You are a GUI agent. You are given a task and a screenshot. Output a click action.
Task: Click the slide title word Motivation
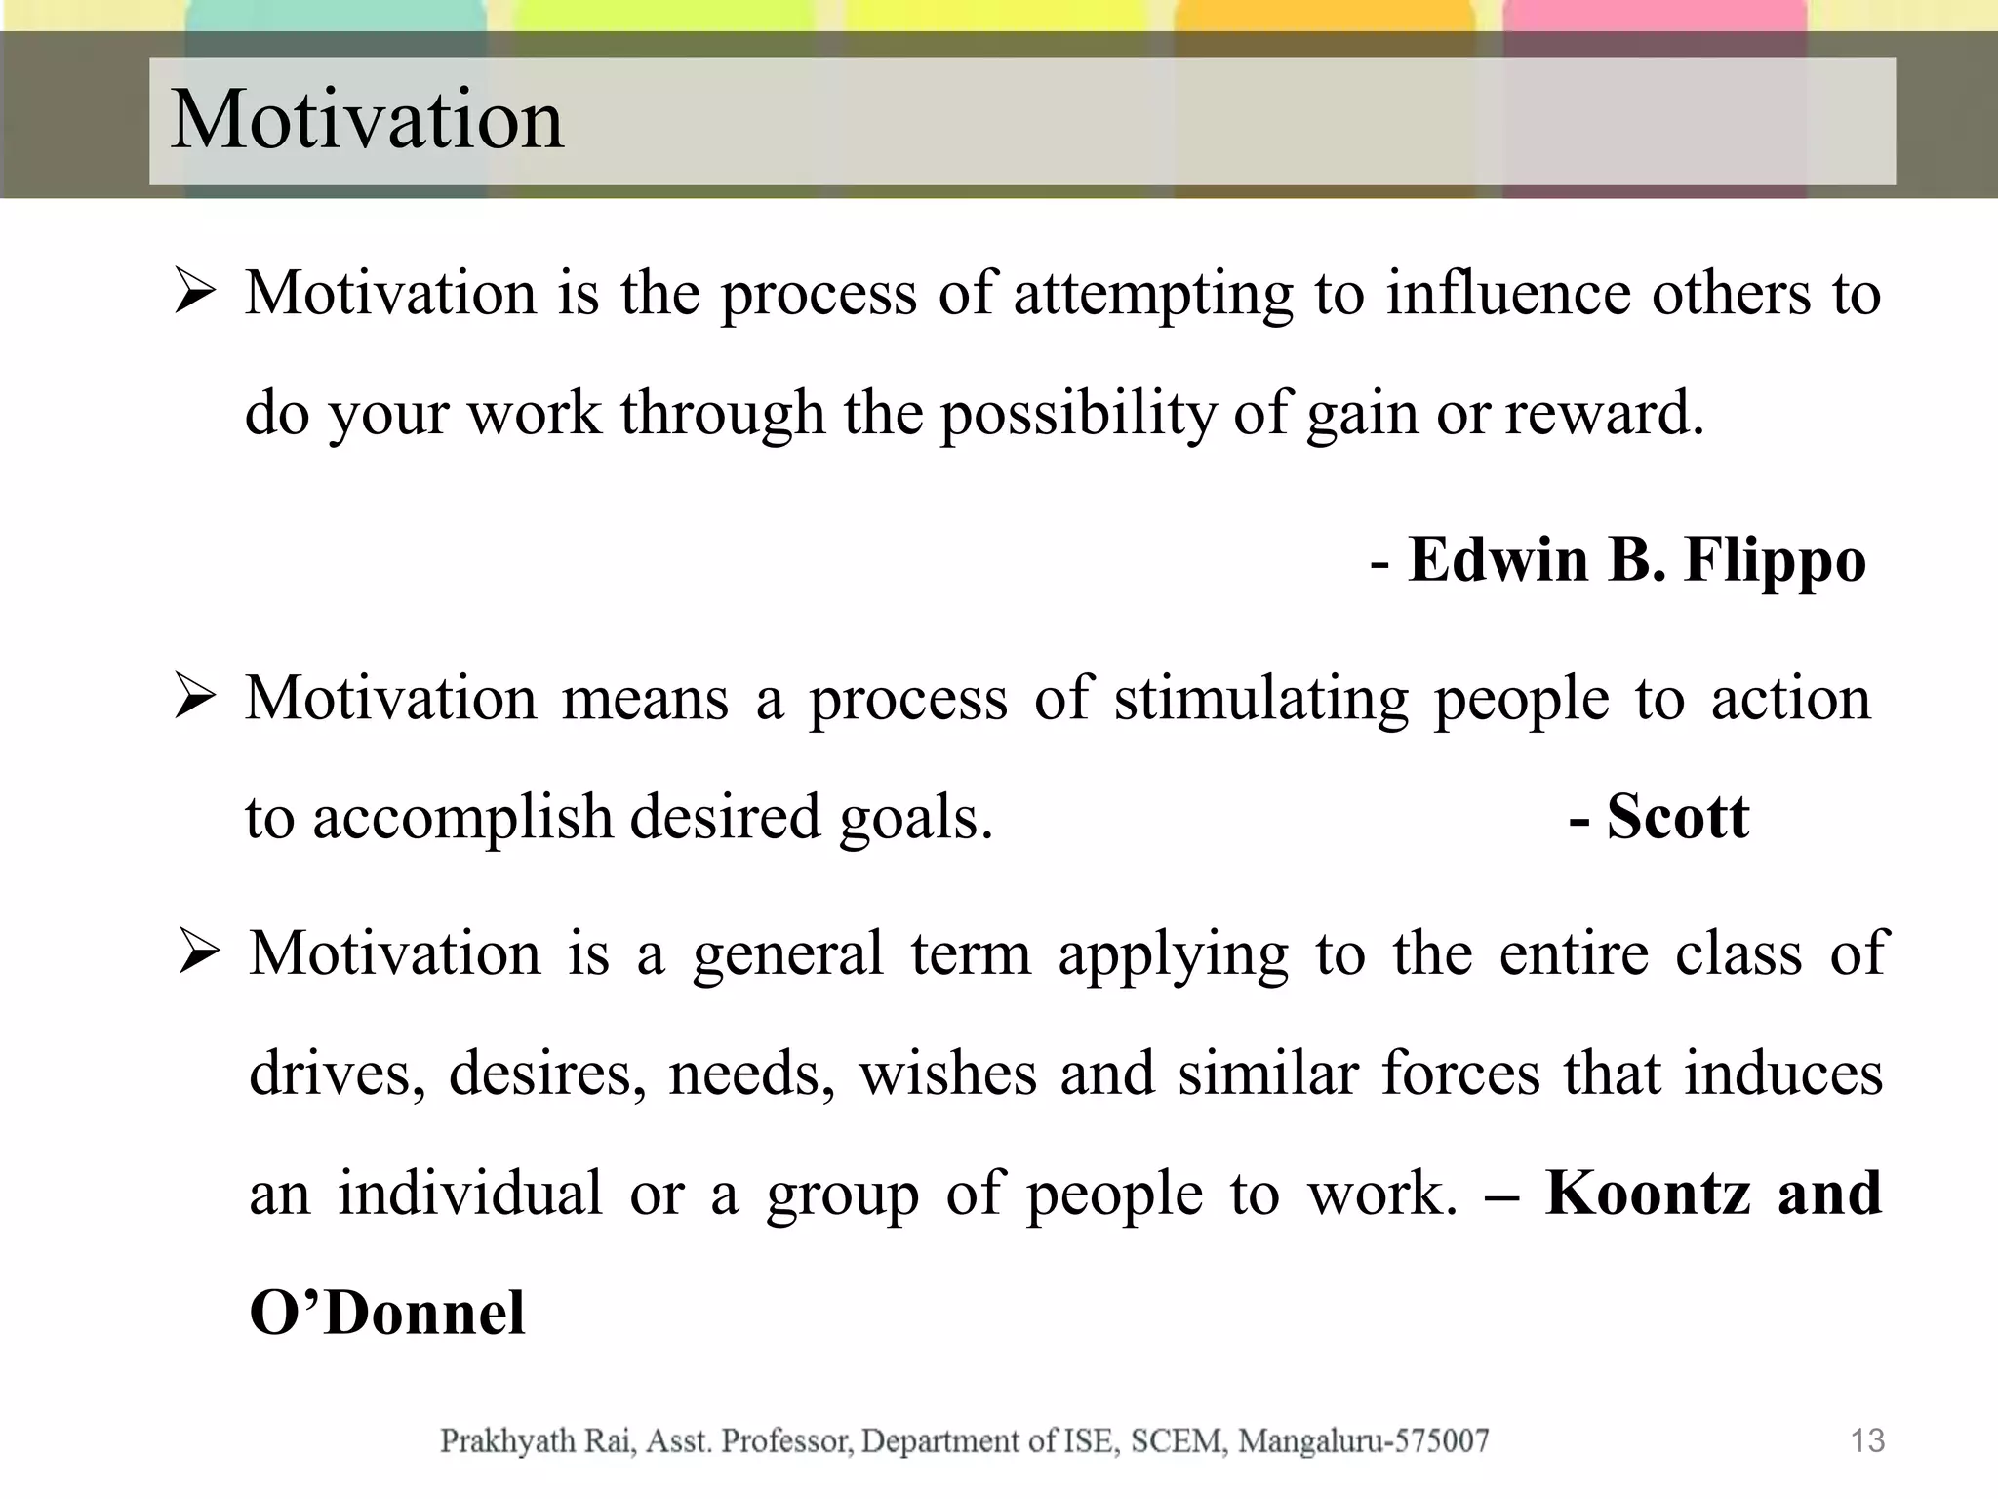click(367, 120)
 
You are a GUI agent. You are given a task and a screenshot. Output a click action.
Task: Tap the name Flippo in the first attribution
click(1775, 561)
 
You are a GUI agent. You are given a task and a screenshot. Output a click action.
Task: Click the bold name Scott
click(1677, 817)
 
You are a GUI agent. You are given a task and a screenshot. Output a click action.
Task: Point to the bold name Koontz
click(1648, 1193)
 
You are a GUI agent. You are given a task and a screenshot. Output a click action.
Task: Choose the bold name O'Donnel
click(387, 1313)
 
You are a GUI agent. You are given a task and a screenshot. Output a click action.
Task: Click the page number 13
click(1867, 1440)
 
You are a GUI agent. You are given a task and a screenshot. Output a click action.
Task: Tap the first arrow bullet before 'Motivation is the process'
click(195, 294)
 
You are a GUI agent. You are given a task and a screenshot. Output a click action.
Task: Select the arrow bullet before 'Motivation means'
click(195, 699)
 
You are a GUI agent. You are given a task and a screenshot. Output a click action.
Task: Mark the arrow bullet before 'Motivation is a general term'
click(199, 953)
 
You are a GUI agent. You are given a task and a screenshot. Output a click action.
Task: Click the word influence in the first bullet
click(1508, 293)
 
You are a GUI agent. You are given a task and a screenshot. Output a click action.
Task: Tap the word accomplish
click(462, 818)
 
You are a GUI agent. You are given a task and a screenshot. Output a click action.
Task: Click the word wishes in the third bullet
click(947, 1074)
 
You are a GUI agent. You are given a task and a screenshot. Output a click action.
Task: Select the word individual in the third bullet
click(470, 1193)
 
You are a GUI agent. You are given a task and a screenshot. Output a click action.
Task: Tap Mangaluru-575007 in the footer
click(1363, 1440)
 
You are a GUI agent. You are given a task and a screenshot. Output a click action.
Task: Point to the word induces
click(1783, 1074)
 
